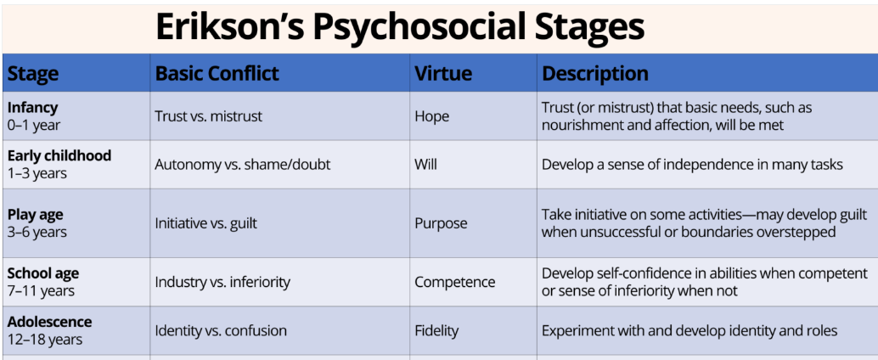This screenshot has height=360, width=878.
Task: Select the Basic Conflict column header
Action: pos(217,74)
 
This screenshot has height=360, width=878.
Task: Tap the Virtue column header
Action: pos(443,74)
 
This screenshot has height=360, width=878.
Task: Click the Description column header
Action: pos(595,74)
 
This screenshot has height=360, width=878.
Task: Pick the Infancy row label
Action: pos(32,108)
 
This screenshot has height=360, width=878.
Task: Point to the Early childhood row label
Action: pos(59,155)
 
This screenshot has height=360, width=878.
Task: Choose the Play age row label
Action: pos(36,215)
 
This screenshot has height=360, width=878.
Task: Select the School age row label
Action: pos(43,273)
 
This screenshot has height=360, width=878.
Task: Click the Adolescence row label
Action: pos(50,322)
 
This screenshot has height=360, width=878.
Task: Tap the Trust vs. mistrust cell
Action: pos(209,116)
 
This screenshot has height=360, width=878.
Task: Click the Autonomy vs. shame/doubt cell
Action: pos(243,165)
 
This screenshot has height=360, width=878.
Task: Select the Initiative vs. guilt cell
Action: pos(206,223)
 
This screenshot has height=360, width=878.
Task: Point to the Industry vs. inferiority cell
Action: pos(222,282)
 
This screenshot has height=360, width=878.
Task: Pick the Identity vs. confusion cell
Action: pos(221,331)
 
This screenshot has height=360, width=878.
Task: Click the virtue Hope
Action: pos(431,116)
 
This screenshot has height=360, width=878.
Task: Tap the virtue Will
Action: pos(425,165)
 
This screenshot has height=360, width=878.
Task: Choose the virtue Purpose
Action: pos(441,223)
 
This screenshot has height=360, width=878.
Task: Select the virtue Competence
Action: pos(454,282)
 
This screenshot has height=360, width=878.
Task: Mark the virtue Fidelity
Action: pos(436,331)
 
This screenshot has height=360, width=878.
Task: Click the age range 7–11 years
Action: pos(41,291)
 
